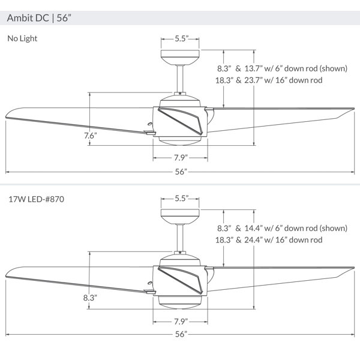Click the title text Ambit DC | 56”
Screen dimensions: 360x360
(x=39, y=18)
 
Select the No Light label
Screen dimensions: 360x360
(x=22, y=38)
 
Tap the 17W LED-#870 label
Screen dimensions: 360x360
(x=36, y=199)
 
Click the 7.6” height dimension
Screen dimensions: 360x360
(x=91, y=136)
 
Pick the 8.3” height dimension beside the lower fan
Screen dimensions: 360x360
(x=90, y=298)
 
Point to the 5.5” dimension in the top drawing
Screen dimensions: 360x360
(x=182, y=38)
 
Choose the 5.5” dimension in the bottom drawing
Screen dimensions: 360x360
(x=182, y=199)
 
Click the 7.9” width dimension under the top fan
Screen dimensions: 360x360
(x=181, y=158)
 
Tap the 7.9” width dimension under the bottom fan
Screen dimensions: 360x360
(x=181, y=322)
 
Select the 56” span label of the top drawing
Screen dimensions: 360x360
(x=181, y=172)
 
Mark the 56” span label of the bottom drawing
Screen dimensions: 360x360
(x=181, y=334)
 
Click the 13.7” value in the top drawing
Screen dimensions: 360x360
(x=253, y=68)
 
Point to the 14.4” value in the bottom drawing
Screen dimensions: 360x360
(x=253, y=228)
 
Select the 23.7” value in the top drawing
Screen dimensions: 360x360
(x=253, y=80)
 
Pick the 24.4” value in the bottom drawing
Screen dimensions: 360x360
(x=253, y=240)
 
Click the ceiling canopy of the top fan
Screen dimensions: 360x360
(x=180, y=58)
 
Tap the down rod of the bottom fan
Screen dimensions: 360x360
(x=180, y=238)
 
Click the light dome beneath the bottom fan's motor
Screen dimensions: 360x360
(x=180, y=302)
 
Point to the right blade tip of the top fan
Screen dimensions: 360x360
(x=353, y=109)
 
